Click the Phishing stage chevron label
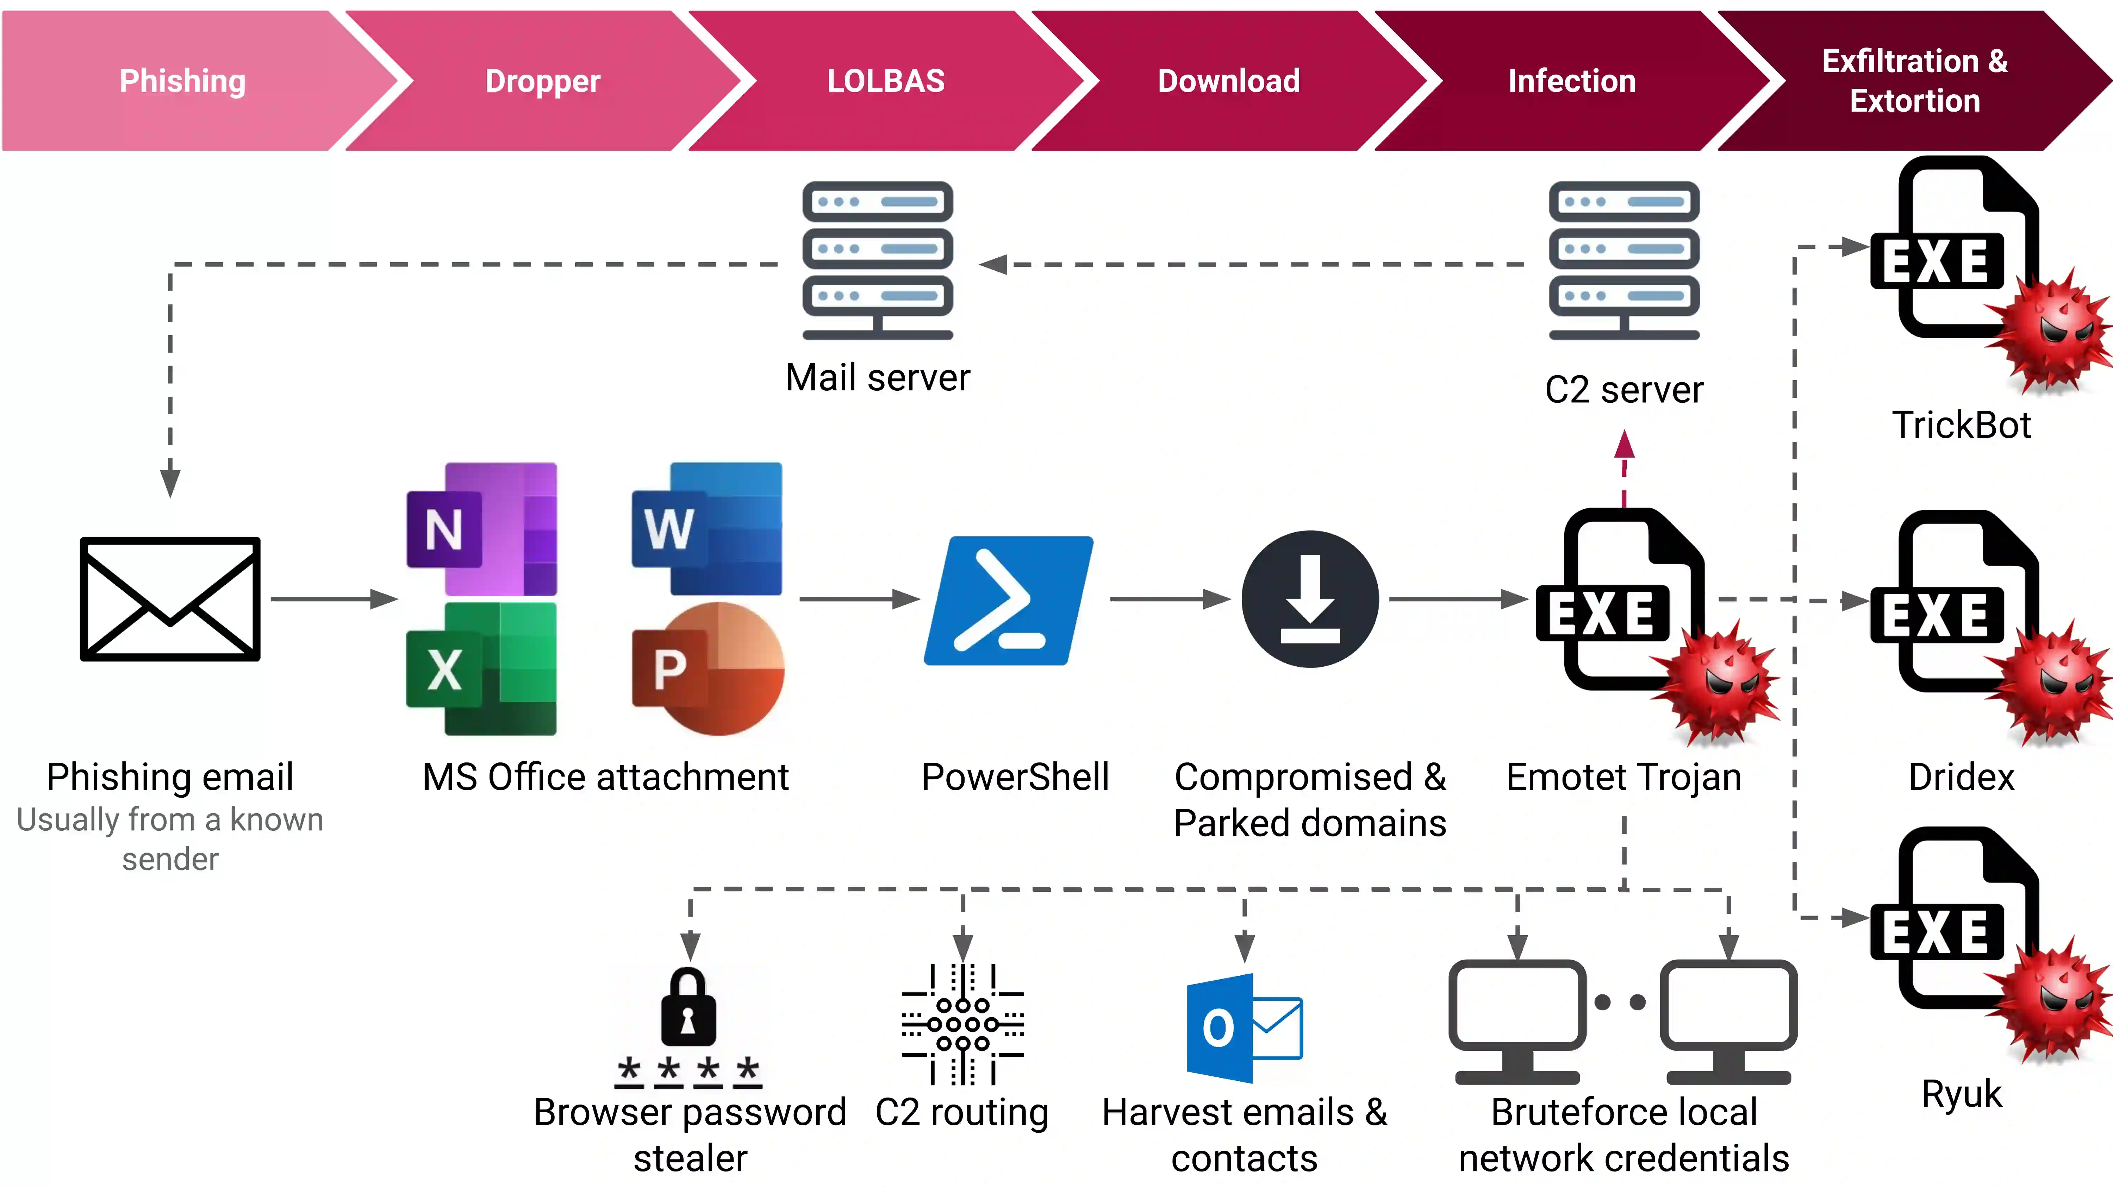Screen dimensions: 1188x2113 182,81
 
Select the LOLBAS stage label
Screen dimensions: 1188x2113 886,81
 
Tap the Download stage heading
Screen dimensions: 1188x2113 1228,81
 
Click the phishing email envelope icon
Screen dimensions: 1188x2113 170,599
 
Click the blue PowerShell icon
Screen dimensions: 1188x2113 1009,600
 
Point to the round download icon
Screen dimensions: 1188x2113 1310,599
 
